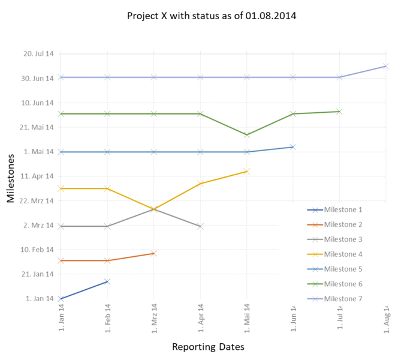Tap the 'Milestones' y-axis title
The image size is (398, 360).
[11, 178]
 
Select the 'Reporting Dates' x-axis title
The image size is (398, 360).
[208, 347]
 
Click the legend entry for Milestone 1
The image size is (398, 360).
[343, 210]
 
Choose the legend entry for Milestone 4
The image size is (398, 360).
[343, 254]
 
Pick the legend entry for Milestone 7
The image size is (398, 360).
[343, 299]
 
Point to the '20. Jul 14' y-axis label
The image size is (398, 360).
[38, 53]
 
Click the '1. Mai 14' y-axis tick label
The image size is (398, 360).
[38, 152]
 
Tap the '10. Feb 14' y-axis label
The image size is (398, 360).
[38, 250]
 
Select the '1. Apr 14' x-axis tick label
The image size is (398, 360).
[200, 318]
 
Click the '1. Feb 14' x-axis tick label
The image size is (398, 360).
[107, 318]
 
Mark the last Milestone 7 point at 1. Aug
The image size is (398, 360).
[386, 66]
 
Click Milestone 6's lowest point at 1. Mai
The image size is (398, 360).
[247, 135]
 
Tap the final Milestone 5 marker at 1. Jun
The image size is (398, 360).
[293, 146]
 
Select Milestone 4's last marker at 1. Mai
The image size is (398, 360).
[247, 172]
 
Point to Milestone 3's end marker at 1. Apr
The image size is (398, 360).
[200, 226]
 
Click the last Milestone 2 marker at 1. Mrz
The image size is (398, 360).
[154, 253]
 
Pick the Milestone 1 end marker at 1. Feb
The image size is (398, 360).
[107, 281]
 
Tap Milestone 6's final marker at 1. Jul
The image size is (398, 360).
[339, 112]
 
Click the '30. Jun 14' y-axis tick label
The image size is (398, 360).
[38, 78]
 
